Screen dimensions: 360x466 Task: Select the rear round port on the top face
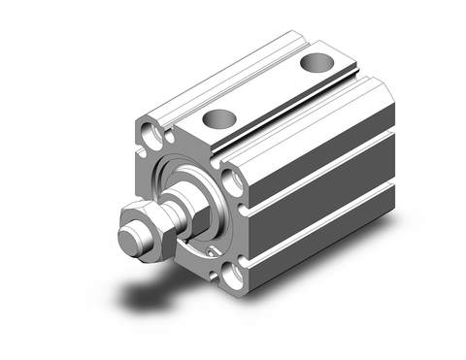(314, 63)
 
